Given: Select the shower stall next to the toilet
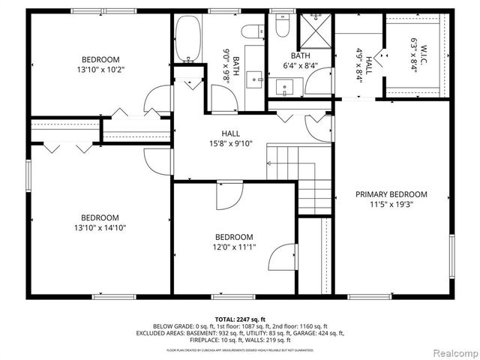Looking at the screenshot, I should [316, 33].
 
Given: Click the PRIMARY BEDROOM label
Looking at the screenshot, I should [391, 193].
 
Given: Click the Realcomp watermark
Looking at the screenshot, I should [452, 352].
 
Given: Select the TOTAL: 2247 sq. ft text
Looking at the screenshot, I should [240, 319].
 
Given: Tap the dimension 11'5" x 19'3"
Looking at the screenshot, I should [391, 203].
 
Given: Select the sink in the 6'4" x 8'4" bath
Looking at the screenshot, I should [286, 87].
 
